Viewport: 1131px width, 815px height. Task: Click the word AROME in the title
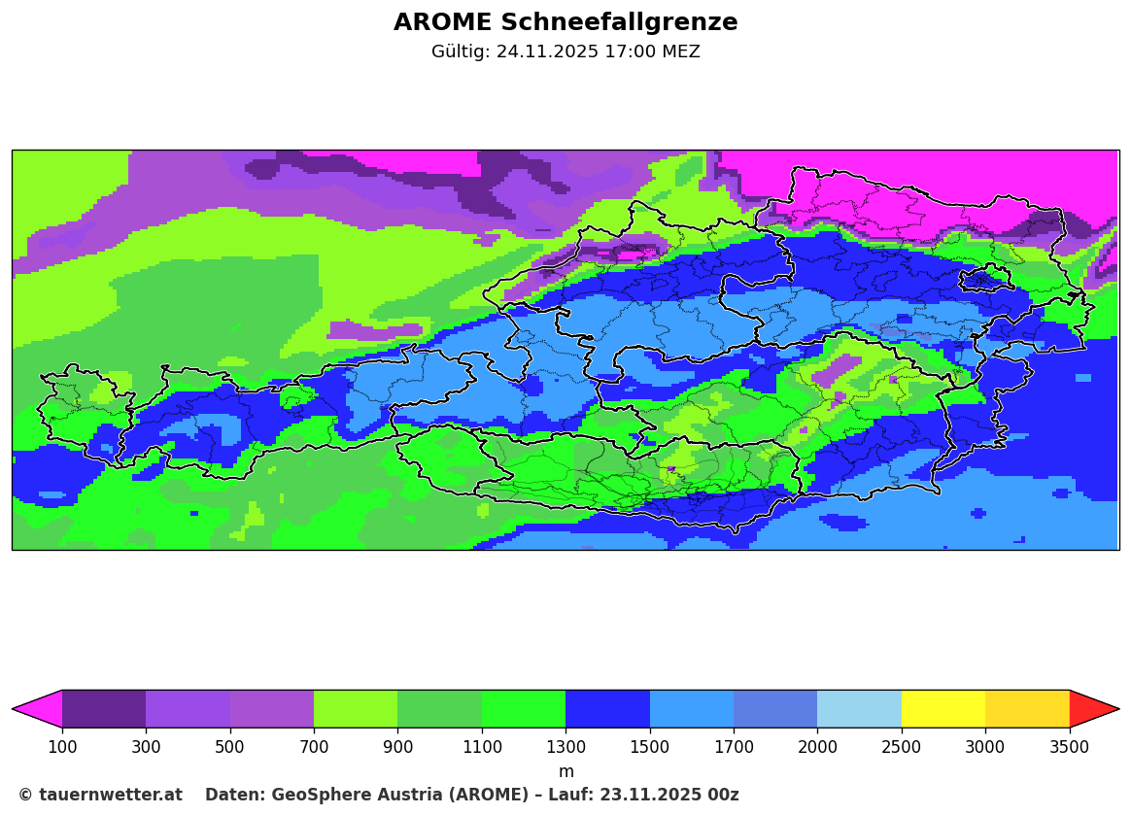443,22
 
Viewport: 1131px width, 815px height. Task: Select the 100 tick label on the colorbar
62,746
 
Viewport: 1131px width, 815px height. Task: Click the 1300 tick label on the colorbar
565,746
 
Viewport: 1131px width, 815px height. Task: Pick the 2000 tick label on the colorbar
817,746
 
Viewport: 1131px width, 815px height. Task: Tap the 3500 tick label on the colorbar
1069,746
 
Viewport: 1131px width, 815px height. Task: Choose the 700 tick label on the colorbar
314,746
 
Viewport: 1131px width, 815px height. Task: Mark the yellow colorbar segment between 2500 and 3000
942,709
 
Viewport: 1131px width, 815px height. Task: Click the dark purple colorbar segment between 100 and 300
104,709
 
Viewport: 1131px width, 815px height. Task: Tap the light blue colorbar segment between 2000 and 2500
859,709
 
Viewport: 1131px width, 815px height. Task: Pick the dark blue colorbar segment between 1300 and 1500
607,709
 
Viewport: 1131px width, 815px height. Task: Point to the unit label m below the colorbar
565,771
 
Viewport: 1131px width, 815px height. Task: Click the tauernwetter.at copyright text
100,795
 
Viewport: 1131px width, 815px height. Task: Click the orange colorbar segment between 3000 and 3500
1027,709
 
